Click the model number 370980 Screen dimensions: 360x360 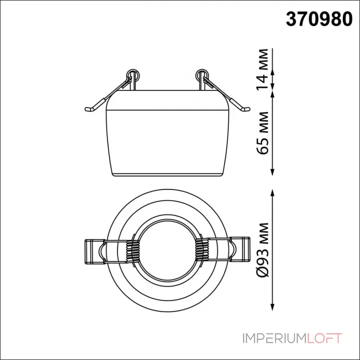coord(320,18)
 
